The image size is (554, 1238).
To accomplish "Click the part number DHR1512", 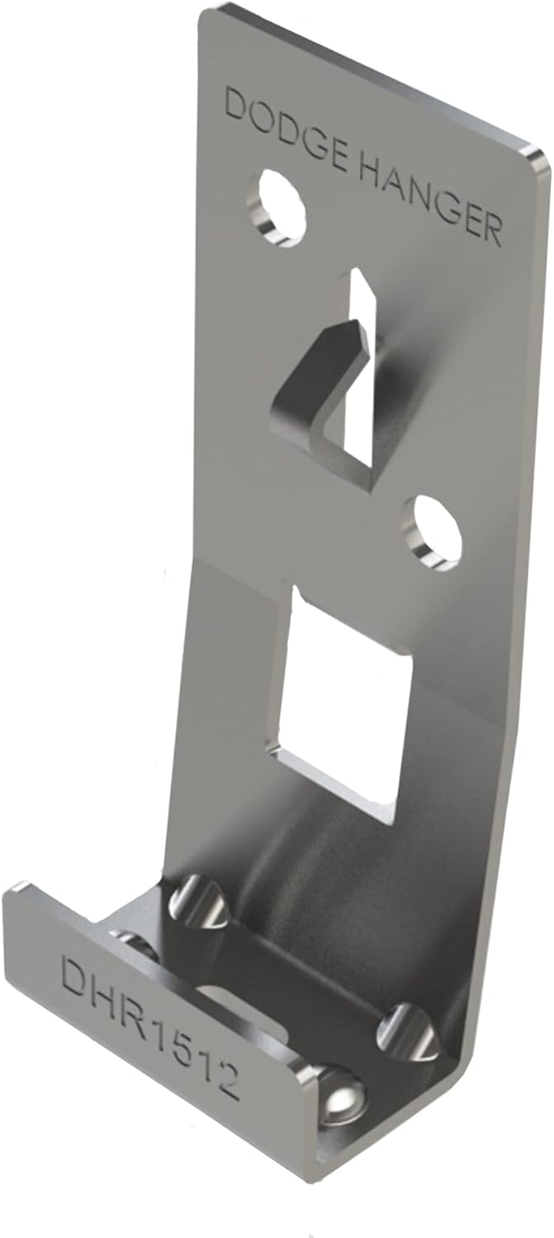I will pyautogui.click(x=149, y=1023).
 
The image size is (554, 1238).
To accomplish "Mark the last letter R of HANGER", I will pyautogui.click(x=490, y=230).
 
